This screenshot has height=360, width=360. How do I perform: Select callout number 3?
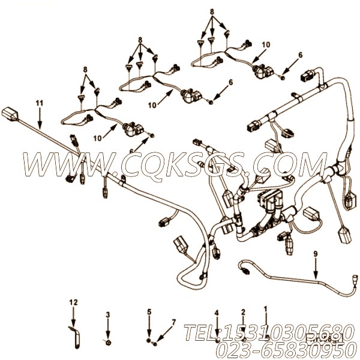pos(107,314)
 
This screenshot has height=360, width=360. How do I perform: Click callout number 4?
pos(217,312)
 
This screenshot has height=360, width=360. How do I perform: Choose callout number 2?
pos(243,312)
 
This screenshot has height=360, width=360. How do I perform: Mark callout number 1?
pos(265,309)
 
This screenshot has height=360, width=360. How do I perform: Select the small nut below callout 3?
pos(107,343)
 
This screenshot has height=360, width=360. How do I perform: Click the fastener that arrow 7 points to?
pos(155,344)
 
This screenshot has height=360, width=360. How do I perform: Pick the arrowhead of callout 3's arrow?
pos(107,337)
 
